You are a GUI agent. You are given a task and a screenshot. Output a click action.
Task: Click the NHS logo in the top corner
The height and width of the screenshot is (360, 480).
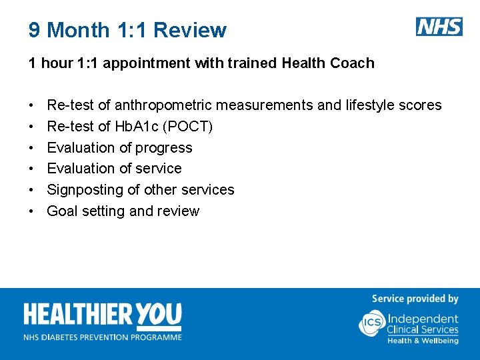coord(439,27)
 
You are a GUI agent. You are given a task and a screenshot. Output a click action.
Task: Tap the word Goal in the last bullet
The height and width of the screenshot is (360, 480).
coord(62,211)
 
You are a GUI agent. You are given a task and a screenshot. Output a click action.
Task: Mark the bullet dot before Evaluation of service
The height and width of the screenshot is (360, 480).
coord(31,169)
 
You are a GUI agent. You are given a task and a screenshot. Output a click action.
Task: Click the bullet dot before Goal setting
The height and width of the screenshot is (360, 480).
coord(31,212)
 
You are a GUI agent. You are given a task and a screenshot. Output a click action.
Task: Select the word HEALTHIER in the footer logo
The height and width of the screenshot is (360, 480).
coord(79,316)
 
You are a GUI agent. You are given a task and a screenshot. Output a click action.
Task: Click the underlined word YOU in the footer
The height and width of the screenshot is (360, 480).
coord(159,316)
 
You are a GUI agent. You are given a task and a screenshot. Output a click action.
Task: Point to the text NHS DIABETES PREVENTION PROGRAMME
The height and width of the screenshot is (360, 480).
coord(103,337)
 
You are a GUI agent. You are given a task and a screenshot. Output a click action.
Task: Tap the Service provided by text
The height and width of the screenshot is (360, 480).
coord(415,299)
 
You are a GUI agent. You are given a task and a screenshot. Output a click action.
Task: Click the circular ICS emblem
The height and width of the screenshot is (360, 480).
coord(371,324)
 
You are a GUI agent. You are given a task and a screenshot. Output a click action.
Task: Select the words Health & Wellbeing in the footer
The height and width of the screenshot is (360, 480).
coord(423,341)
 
